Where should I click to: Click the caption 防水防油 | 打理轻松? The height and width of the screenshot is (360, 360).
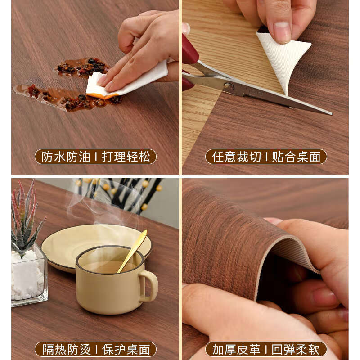[x=95, y=157]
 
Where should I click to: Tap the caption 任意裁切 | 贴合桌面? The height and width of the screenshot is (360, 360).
[x=266, y=157]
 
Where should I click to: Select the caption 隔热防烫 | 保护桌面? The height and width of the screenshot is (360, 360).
[x=95, y=349]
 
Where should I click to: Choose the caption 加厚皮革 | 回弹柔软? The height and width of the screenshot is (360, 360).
[x=266, y=349]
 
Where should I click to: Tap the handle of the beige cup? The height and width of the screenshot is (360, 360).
[x=149, y=286]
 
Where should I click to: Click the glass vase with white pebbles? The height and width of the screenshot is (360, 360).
[x=28, y=277]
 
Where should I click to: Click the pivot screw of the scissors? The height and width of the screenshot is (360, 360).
[x=229, y=86]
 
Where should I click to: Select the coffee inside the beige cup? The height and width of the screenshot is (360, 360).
[x=106, y=266]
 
